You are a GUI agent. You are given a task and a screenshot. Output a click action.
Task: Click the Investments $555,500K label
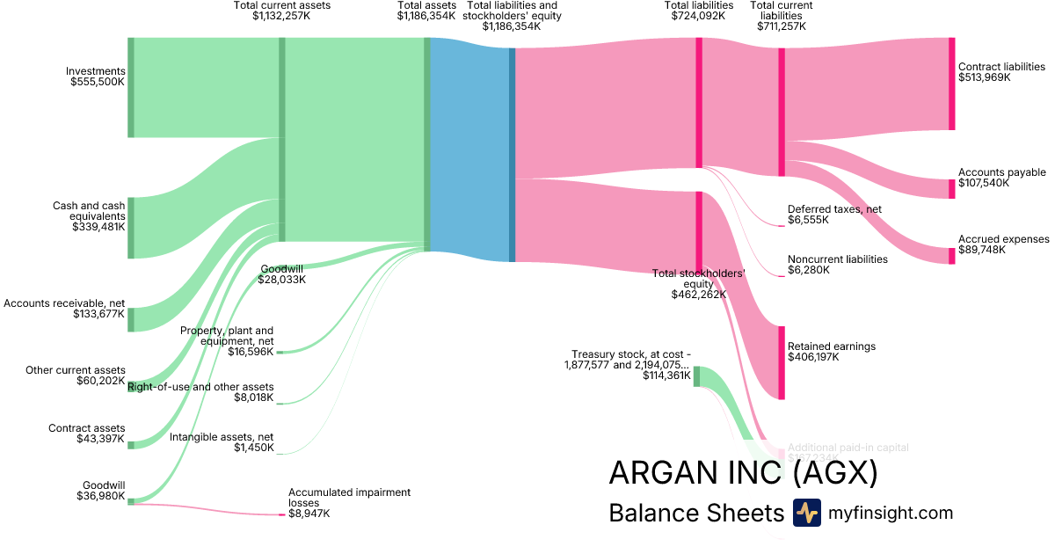(x=98, y=77)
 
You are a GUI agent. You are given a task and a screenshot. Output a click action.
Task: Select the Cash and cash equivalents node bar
(x=131, y=228)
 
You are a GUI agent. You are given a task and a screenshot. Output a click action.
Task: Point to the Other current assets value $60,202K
(x=100, y=381)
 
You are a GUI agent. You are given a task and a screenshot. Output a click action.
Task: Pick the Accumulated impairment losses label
(x=349, y=498)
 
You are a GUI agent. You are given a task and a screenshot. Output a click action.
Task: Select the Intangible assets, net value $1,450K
(x=253, y=448)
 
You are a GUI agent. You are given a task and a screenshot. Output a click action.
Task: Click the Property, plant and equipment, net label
(x=227, y=335)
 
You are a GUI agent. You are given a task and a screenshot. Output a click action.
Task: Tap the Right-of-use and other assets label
(x=200, y=387)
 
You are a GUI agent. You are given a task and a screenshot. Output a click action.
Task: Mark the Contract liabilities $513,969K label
(x=1001, y=71)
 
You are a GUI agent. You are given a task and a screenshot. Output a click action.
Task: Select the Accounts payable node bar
(x=951, y=188)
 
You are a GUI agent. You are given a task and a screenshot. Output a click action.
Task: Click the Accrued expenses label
(x=1003, y=239)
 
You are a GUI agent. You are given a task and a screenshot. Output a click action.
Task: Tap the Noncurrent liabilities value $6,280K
(x=808, y=269)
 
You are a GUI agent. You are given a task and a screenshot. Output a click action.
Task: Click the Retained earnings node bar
(x=780, y=362)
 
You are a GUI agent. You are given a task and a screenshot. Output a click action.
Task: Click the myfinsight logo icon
(x=806, y=513)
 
